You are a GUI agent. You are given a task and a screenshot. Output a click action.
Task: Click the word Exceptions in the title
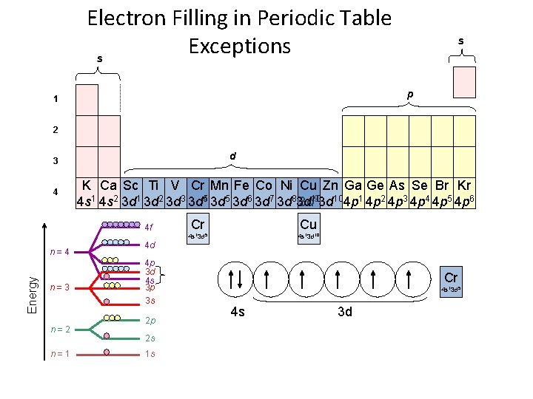pyautogui.click(x=239, y=46)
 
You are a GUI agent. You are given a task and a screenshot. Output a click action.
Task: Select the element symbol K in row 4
pyautogui.click(x=87, y=185)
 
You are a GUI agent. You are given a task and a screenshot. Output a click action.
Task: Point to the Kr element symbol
pyautogui.click(x=464, y=185)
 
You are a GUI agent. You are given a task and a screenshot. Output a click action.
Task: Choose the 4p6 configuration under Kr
pyautogui.click(x=464, y=201)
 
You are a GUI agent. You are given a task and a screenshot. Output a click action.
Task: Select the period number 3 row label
pyautogui.click(x=54, y=161)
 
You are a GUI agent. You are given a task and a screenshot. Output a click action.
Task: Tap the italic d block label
pyautogui.click(x=232, y=156)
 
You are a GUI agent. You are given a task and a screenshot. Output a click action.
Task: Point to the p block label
pyautogui.click(x=409, y=95)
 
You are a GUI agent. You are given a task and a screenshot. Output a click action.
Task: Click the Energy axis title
pyautogui.click(x=32, y=293)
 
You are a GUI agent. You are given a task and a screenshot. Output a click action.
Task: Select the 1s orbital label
pyautogui.click(x=150, y=354)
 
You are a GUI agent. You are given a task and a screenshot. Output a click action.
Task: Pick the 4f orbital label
pyautogui.click(x=150, y=228)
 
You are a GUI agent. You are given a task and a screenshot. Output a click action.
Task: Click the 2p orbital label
pyautogui.click(x=150, y=321)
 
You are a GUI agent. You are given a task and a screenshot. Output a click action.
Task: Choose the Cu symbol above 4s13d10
pyautogui.click(x=308, y=224)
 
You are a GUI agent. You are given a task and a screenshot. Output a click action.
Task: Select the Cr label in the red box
pyautogui.click(x=451, y=278)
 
